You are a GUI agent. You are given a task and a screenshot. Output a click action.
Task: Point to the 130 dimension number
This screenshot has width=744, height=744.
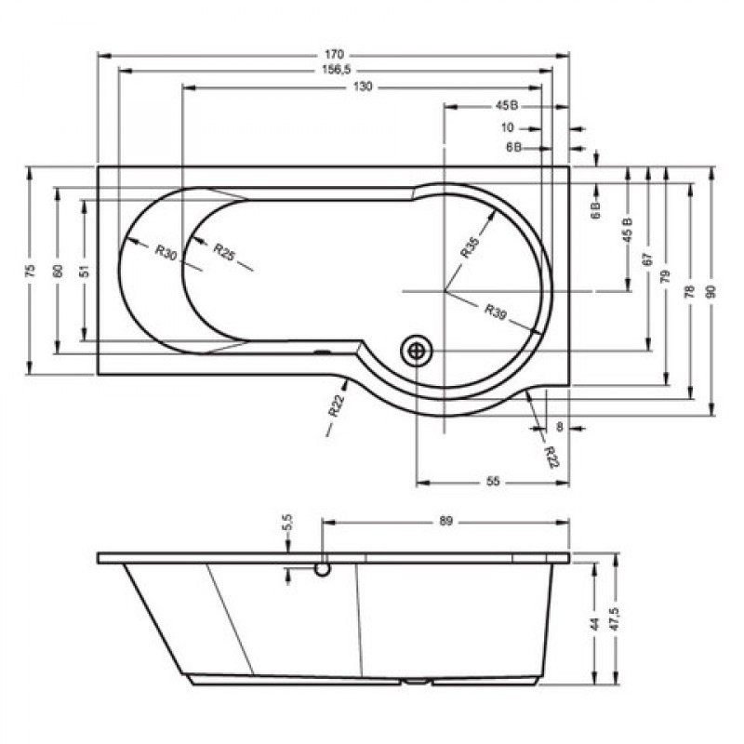(x=364, y=86)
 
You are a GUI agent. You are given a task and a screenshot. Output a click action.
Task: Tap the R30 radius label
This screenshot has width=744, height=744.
(x=166, y=252)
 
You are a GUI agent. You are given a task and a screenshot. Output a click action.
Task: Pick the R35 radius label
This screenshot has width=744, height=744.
(x=470, y=247)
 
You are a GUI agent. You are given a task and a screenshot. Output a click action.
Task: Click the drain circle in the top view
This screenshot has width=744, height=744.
(x=416, y=351)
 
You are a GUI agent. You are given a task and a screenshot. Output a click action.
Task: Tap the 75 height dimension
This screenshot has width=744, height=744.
(x=30, y=270)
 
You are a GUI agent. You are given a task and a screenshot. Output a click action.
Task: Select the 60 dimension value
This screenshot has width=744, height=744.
(x=58, y=270)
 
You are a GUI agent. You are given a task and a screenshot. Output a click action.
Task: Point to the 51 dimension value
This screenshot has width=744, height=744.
(x=84, y=270)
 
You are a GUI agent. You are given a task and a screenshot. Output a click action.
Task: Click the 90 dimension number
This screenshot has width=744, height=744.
(x=711, y=290)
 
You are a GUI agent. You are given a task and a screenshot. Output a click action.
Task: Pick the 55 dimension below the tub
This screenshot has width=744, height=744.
(x=493, y=482)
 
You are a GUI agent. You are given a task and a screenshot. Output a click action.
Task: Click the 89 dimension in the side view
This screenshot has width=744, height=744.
(x=445, y=523)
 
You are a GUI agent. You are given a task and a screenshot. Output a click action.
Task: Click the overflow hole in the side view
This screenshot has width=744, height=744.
(x=322, y=568)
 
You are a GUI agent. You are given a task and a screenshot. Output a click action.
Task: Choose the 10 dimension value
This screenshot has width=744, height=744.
(x=507, y=127)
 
